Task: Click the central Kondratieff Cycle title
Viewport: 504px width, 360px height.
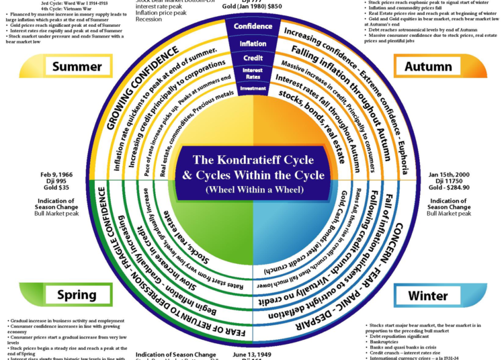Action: tap(253, 167)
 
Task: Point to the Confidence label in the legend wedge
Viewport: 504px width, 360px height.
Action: tap(253, 26)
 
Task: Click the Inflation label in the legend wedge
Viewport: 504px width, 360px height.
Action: tap(253, 44)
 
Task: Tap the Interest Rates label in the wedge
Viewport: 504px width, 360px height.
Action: tap(253, 74)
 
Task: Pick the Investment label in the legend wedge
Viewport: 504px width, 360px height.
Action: tap(253, 88)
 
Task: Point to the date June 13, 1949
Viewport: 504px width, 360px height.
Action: tap(252, 354)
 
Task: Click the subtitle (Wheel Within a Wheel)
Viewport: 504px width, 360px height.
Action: tap(253, 190)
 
